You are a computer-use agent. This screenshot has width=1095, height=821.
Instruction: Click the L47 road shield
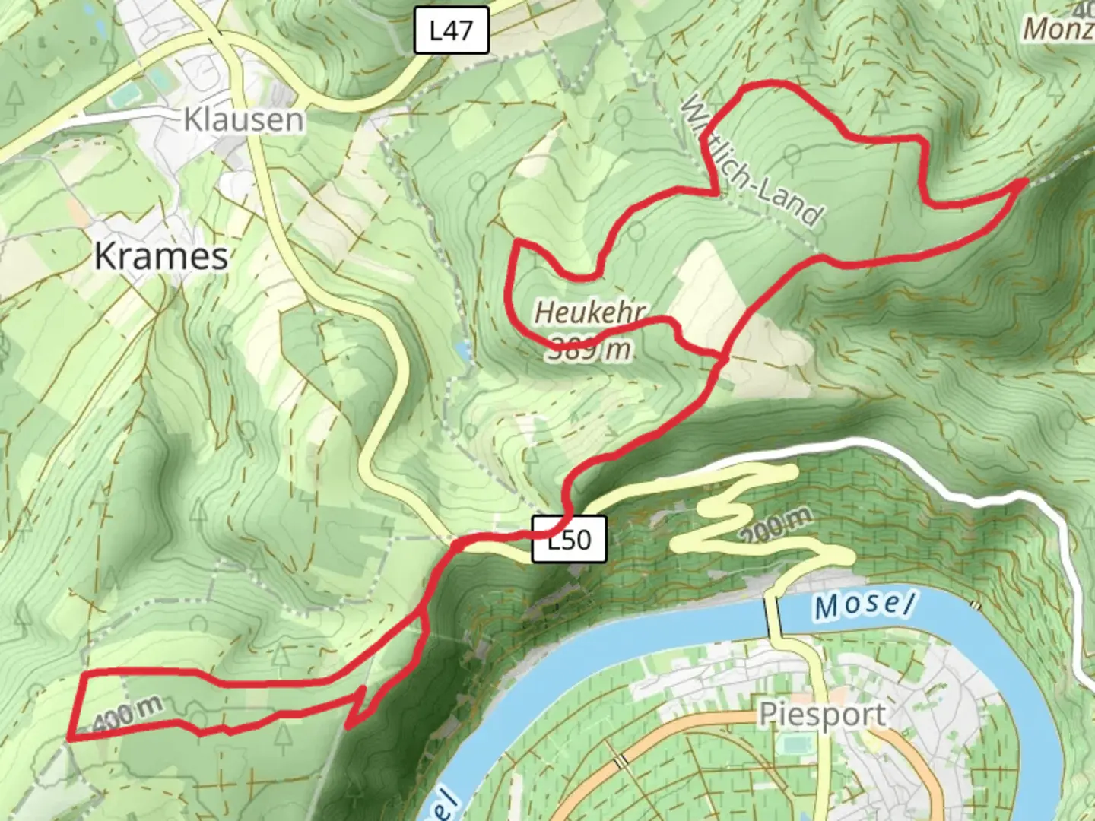coord(451,31)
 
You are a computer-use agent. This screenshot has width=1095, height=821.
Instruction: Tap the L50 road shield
coord(569,540)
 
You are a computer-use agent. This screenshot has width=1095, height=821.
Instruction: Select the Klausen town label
coord(243,120)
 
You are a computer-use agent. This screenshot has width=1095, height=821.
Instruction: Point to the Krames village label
coord(161,256)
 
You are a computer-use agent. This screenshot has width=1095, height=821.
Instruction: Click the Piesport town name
coord(822,715)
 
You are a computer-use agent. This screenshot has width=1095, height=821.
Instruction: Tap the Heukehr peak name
coord(590,312)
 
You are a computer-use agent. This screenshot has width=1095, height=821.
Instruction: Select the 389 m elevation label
coord(590,349)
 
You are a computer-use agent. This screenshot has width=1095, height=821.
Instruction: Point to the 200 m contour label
coord(776,525)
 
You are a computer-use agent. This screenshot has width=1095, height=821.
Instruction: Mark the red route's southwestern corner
coord(70,737)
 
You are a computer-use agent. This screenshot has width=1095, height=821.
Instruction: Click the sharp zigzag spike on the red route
coord(348,726)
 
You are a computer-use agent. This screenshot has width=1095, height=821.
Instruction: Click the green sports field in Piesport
coord(795,745)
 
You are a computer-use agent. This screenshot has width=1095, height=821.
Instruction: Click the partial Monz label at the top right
coord(1058,29)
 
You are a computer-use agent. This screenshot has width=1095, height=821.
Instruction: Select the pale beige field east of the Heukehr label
coord(707,296)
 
